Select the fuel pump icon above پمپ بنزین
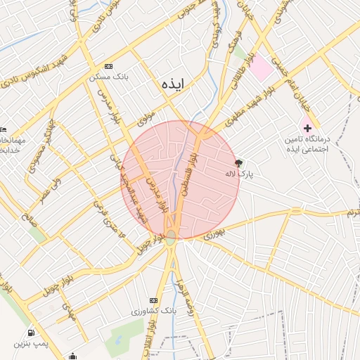point(30,333)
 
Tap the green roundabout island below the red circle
point(171,236)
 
